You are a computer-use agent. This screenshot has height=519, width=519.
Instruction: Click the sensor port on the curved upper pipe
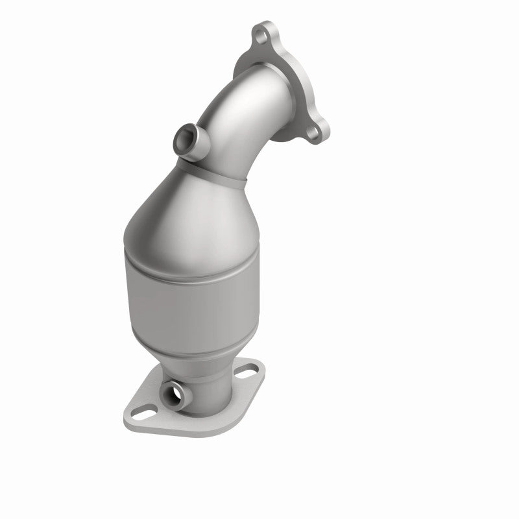[x=184, y=137]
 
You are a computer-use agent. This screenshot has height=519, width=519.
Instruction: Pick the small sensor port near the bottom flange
[x=176, y=392]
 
